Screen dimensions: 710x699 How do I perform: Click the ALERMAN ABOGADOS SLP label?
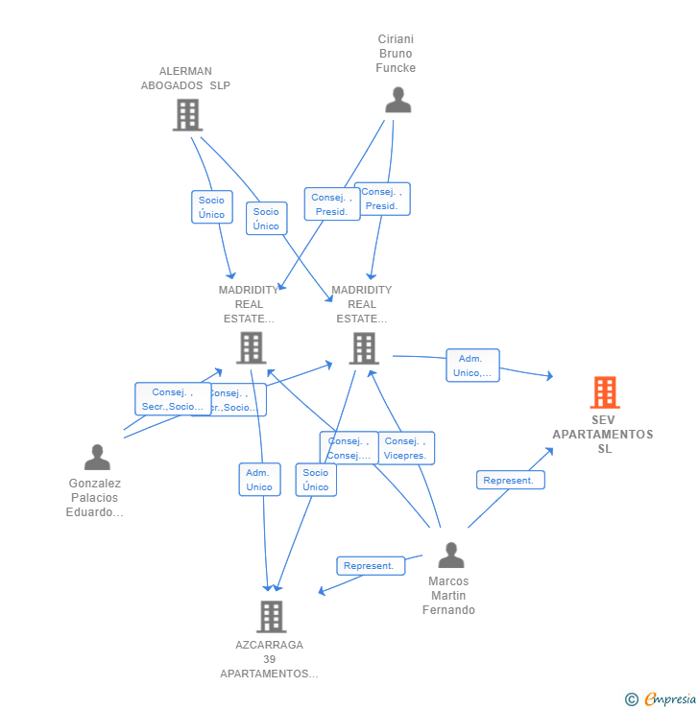tap(185, 78)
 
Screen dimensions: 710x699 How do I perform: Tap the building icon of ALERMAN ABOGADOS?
tap(187, 115)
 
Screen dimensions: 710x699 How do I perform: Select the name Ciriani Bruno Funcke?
tap(396, 54)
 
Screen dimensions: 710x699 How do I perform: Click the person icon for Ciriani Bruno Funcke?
tap(398, 100)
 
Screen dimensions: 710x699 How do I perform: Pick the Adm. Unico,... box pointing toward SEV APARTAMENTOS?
tap(472, 366)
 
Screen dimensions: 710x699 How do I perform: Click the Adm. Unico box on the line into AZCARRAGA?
tap(259, 480)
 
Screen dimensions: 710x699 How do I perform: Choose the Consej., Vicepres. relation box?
tap(405, 448)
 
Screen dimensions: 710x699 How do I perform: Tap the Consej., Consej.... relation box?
tap(348, 448)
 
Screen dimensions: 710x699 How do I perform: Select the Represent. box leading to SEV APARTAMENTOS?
tap(510, 480)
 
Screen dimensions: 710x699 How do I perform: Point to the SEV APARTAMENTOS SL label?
tap(603, 435)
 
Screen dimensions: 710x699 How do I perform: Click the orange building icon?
tap(604, 392)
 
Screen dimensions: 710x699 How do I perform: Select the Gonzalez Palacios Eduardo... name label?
tap(94, 498)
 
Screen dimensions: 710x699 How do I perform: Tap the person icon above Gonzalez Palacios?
tap(97, 457)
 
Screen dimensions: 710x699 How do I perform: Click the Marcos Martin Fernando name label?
tap(448, 596)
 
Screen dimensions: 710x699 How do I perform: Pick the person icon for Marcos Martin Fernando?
tap(450, 555)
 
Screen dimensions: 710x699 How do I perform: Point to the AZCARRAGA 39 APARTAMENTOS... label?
tap(269, 659)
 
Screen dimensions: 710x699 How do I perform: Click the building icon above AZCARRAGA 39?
tap(272, 616)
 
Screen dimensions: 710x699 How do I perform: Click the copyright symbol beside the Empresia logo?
tap(632, 699)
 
